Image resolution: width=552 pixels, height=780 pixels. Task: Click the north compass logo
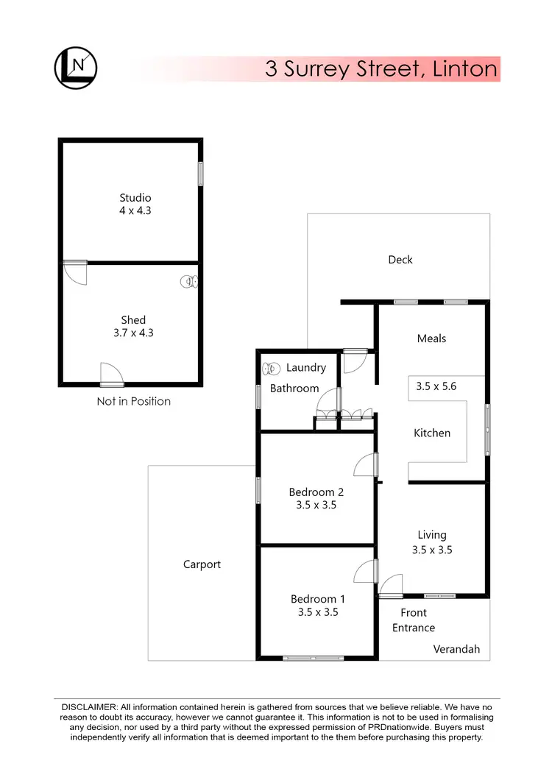point(76,68)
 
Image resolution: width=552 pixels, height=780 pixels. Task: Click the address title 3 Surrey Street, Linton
point(382,70)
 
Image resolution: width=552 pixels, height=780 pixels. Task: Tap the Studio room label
point(135,197)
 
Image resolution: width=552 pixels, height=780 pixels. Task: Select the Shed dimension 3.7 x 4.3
point(132,333)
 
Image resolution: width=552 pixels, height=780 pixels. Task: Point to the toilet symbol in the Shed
point(189,281)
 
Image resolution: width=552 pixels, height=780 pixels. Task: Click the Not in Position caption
point(133,401)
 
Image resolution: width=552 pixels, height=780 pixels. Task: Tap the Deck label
point(400,259)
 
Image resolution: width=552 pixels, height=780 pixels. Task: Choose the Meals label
point(431,338)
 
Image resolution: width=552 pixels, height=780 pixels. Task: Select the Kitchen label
point(432,433)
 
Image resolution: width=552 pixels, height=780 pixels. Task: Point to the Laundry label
point(305,367)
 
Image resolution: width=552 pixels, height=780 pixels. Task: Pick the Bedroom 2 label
point(316,492)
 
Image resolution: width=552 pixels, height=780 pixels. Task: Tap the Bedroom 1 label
point(317,599)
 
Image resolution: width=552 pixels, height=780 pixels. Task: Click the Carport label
point(202,564)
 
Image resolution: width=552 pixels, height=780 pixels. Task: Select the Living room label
point(432,535)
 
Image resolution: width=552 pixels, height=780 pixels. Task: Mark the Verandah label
point(456,649)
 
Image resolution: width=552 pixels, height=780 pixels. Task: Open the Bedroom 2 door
point(365,465)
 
